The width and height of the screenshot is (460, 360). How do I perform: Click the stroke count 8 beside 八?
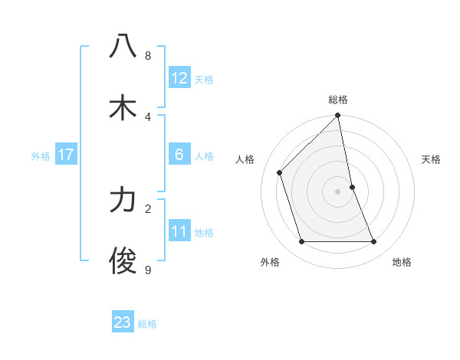148,56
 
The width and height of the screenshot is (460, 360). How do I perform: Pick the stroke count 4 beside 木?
148,117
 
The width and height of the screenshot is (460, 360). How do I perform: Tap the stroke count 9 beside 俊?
148,270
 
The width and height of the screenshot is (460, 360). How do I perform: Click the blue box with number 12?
179,78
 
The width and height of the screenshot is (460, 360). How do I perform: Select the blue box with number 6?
179,155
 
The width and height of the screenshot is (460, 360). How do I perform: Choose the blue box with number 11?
179,231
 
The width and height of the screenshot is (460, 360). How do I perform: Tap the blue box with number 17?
66,155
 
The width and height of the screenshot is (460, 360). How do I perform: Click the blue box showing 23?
123,322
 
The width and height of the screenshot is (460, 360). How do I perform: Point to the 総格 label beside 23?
147,324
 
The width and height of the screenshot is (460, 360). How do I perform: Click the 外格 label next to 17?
41,156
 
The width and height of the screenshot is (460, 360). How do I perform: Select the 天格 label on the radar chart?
431,159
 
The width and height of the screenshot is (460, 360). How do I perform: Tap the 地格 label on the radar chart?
402,262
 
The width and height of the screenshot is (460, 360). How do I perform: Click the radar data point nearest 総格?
338,116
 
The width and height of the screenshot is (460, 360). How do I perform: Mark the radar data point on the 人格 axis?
280,172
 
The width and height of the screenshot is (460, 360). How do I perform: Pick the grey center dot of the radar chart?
338,191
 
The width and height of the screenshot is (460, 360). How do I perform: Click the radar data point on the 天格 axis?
353,186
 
